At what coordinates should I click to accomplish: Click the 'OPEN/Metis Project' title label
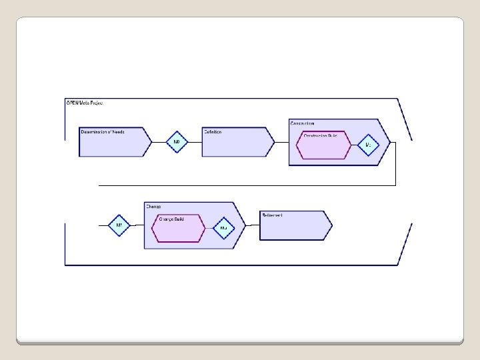tap(84, 103)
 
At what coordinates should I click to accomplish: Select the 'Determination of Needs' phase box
tap(113, 142)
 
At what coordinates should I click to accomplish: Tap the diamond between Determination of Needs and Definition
tap(177, 142)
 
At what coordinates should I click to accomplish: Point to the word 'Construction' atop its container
tap(303, 123)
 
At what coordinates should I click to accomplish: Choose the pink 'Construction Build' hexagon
tap(323, 145)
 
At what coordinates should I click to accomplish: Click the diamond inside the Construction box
tap(368, 145)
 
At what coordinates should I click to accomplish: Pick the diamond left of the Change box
tap(119, 225)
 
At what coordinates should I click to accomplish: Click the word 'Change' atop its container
tap(153, 207)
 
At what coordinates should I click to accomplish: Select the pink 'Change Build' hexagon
tap(178, 228)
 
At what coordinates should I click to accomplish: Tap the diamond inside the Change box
tap(223, 228)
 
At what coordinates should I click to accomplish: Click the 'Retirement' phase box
tap(293, 225)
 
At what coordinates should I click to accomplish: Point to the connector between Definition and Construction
tap(281, 142)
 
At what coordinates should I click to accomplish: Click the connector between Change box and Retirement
tap(252, 225)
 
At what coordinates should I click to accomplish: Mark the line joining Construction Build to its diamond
tap(354, 145)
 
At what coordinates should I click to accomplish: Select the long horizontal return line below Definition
tap(247, 185)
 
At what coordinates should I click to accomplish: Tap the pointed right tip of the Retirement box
tap(331, 225)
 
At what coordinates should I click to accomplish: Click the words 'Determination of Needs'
tap(103, 132)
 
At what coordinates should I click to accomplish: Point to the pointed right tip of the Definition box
tap(273, 142)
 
